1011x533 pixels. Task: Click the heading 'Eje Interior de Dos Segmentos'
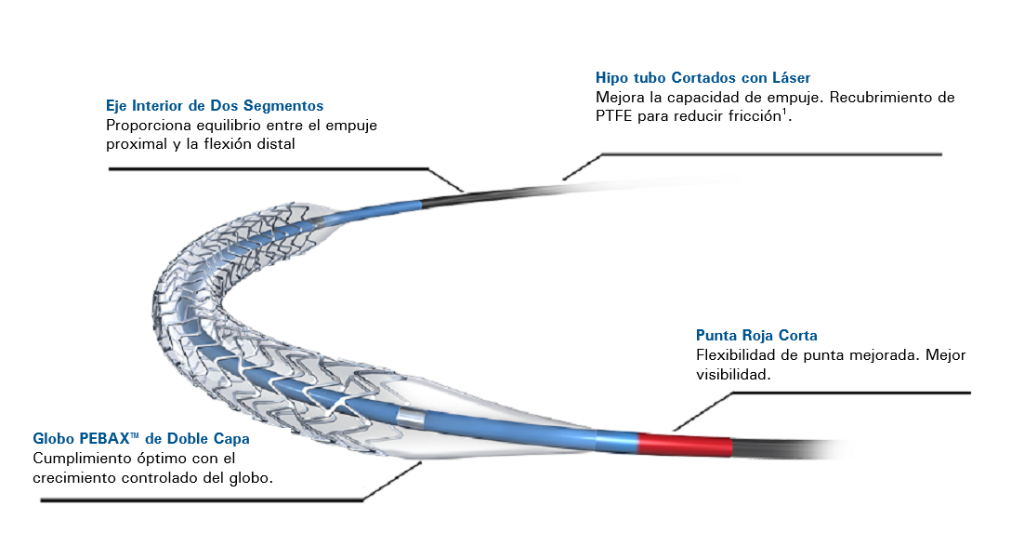[x=215, y=106]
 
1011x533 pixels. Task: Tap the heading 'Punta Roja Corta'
[x=756, y=336]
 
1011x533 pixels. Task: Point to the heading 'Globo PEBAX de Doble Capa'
[x=141, y=438]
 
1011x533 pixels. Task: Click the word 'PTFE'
[x=613, y=116]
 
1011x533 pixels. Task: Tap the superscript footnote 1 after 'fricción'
[x=784, y=112]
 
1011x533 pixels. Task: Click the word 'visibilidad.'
[x=734, y=374]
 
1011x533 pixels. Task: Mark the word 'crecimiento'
[x=73, y=477]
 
